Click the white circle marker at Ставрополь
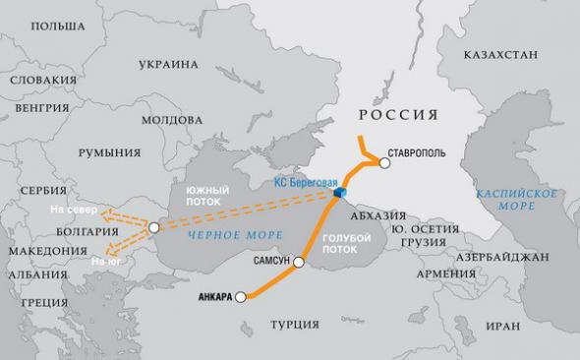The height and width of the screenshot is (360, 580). click(384, 164)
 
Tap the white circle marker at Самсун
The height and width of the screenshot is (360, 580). click(299, 264)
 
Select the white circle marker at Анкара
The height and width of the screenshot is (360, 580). click(240, 298)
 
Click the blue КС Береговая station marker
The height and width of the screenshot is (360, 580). click(338, 196)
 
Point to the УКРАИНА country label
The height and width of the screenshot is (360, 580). click(166, 65)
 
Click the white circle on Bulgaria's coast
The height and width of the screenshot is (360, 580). click(154, 228)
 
